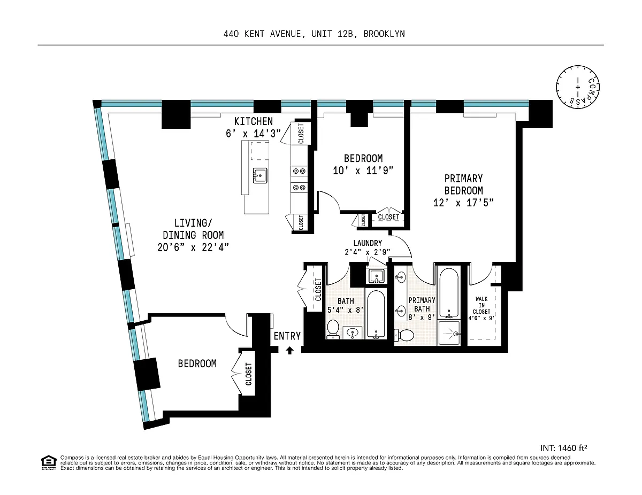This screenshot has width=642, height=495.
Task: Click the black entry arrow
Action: pos(289,350)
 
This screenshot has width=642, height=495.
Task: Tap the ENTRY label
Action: pos(287,336)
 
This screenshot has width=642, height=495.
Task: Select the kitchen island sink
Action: pos(260,176)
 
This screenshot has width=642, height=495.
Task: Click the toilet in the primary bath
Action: pos(404,335)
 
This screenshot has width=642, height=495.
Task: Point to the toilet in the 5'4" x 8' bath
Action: pos(333,329)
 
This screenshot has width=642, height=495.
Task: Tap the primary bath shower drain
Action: pos(456,334)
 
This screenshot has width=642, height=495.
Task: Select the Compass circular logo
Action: pos(578,87)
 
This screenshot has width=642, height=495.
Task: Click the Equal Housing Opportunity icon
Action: pos(49,462)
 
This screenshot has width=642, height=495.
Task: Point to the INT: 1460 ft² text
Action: pos(564,448)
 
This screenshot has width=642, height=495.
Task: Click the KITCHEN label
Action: pos(254,121)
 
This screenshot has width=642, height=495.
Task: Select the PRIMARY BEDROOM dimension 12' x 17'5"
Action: pos(463,203)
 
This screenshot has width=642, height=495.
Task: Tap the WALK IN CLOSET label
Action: pos(481,305)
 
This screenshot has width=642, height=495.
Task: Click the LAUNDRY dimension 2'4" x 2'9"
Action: pos(368,252)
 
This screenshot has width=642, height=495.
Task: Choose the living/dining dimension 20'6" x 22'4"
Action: pos(193,247)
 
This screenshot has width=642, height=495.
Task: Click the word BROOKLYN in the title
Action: pos(384,34)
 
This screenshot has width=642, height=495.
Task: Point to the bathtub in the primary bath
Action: pos(449,293)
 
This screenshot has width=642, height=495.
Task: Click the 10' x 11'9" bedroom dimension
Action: pos(363,171)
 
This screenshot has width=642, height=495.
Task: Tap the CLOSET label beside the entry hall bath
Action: pos(318,290)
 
